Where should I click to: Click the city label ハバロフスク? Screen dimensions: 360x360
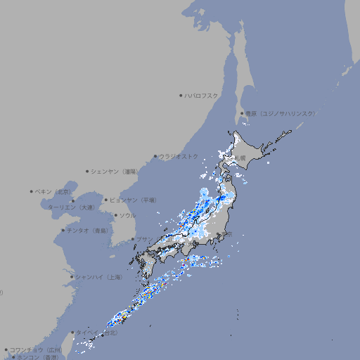[x=202, y=95]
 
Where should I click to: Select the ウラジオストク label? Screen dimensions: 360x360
[x=179, y=156]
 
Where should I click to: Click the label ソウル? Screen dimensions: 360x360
[x=127, y=215]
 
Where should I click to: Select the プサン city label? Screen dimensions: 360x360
[x=144, y=239]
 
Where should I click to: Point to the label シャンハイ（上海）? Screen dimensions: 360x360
[x=98, y=277]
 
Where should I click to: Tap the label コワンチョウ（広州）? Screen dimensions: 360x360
[x=35, y=349]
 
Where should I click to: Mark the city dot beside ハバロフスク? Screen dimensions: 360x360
[x=181, y=95]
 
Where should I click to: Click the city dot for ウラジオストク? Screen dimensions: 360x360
[x=155, y=156]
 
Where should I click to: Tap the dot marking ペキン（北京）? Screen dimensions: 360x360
[x=32, y=191]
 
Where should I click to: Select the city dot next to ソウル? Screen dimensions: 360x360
[x=115, y=215]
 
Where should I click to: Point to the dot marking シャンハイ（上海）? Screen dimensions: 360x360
[x=72, y=277]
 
